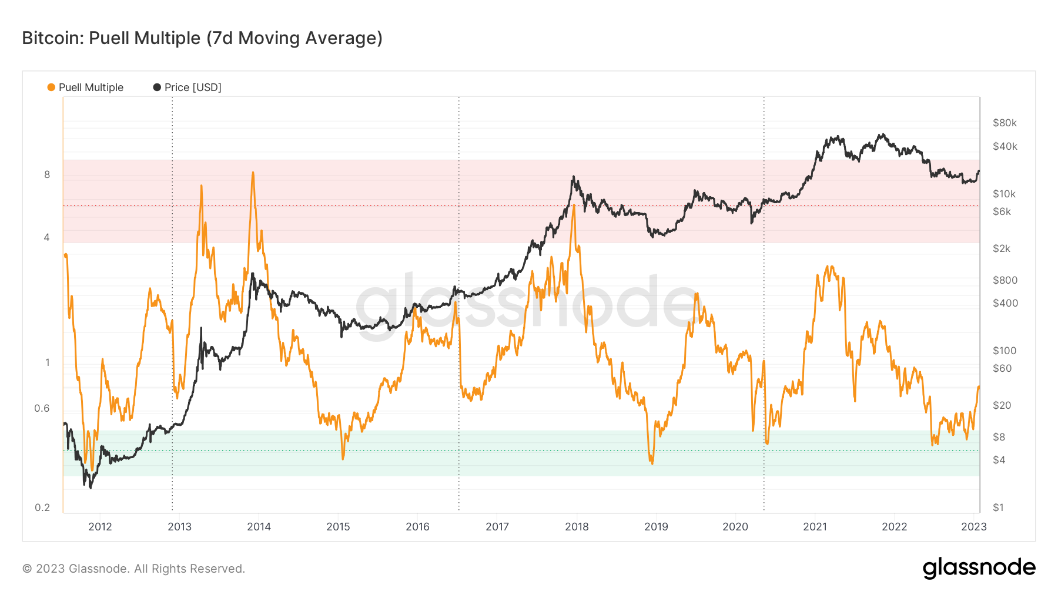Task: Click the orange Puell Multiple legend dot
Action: tap(51, 88)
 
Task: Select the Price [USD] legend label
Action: tap(193, 88)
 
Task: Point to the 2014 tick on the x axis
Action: tap(259, 526)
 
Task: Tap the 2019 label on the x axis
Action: tap(656, 526)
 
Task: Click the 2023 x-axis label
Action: tap(973, 526)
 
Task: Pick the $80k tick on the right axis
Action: tap(1005, 123)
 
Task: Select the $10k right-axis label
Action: tap(1004, 194)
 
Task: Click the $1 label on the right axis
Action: tap(998, 507)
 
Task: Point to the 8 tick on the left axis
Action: tap(47, 174)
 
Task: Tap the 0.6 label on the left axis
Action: tap(42, 408)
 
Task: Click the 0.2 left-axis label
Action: tap(42, 507)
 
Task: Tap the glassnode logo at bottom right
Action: tap(979, 568)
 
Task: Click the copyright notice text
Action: tap(133, 569)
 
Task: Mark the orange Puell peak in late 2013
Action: tap(253, 173)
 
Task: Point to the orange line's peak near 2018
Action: tap(573, 206)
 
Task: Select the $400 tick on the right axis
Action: tap(1005, 303)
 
